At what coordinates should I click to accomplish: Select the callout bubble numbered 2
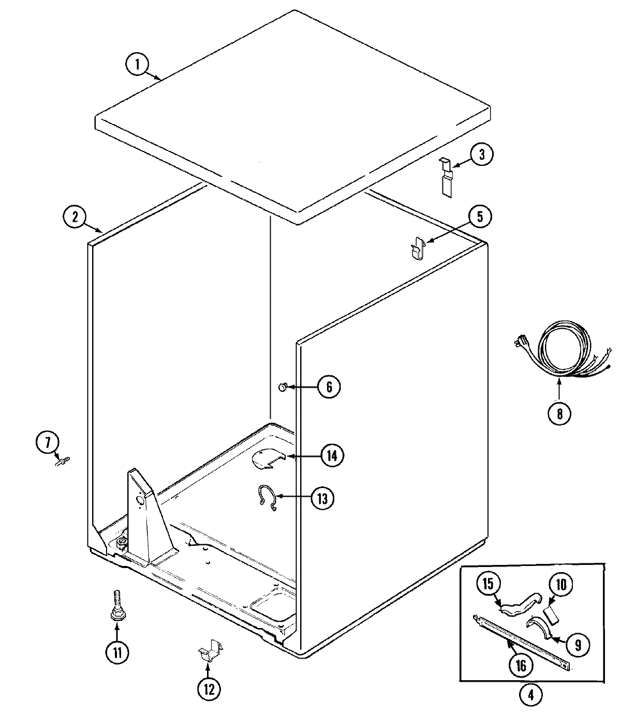(x=75, y=216)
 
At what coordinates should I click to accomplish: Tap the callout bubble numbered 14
(x=332, y=455)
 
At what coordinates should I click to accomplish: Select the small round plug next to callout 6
(x=283, y=386)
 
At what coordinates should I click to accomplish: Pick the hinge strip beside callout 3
(x=446, y=177)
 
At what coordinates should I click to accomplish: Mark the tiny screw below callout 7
(x=62, y=460)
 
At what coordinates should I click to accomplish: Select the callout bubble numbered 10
(x=560, y=585)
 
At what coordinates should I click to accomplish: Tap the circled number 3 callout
(x=481, y=155)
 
